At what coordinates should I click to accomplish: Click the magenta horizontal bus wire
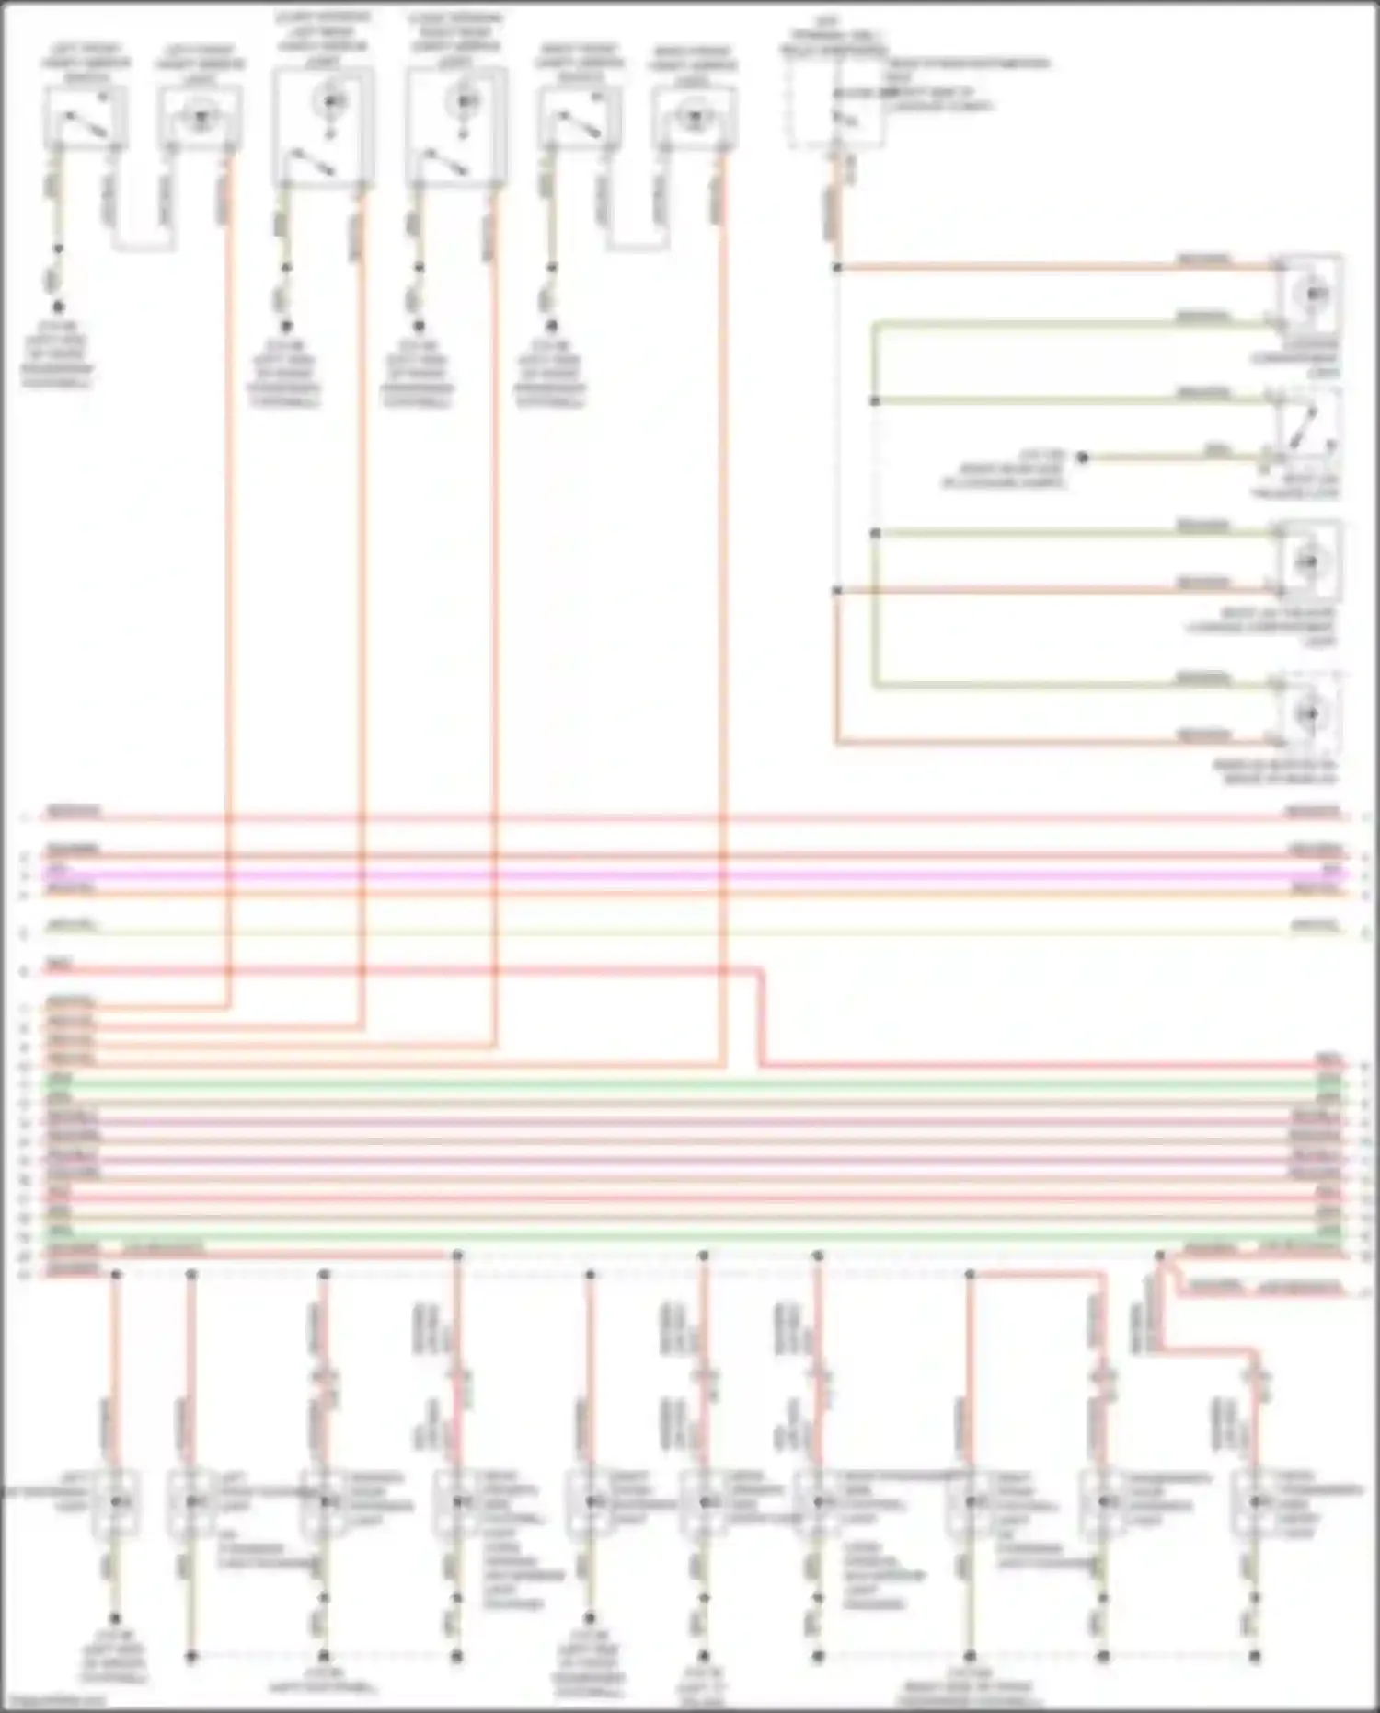(690, 874)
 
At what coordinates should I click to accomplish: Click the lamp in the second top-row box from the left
(200, 117)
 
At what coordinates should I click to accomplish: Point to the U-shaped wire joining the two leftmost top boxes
(144, 249)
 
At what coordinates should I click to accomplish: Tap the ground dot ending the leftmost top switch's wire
(58, 307)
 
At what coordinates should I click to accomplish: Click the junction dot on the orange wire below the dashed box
(836, 268)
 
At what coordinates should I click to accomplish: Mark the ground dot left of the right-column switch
(1083, 457)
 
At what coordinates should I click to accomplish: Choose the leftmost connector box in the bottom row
(115, 1501)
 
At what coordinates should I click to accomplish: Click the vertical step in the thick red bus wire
(761, 1017)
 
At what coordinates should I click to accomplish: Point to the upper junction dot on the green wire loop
(875, 401)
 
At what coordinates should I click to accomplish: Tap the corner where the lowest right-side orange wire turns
(836, 742)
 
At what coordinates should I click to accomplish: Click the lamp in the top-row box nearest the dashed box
(695, 117)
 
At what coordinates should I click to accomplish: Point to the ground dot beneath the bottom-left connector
(115, 1618)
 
